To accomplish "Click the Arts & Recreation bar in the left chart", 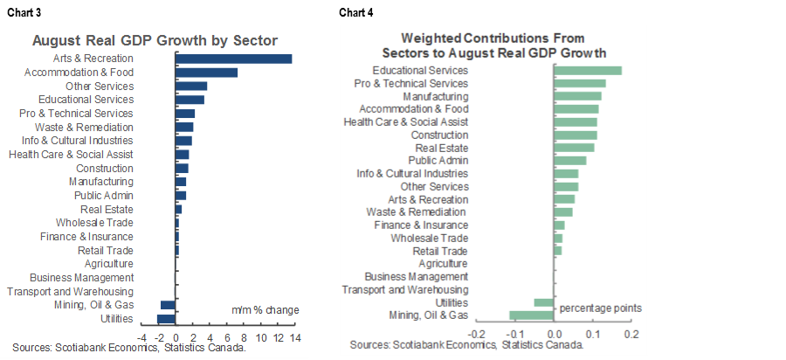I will tap(234, 59).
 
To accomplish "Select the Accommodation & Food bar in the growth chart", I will tap(207, 73).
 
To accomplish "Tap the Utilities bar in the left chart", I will tap(167, 319).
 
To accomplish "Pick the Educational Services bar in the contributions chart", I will tap(588, 71).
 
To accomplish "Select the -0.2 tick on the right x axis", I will tap(477, 334).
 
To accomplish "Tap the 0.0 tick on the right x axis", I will tap(554, 334).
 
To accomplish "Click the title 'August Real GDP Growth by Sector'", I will tap(155, 40).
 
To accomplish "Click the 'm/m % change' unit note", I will tap(265, 310).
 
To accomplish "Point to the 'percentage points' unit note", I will tap(601, 308).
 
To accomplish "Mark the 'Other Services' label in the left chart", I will tap(100, 87).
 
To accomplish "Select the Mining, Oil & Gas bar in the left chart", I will tap(169, 305).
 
